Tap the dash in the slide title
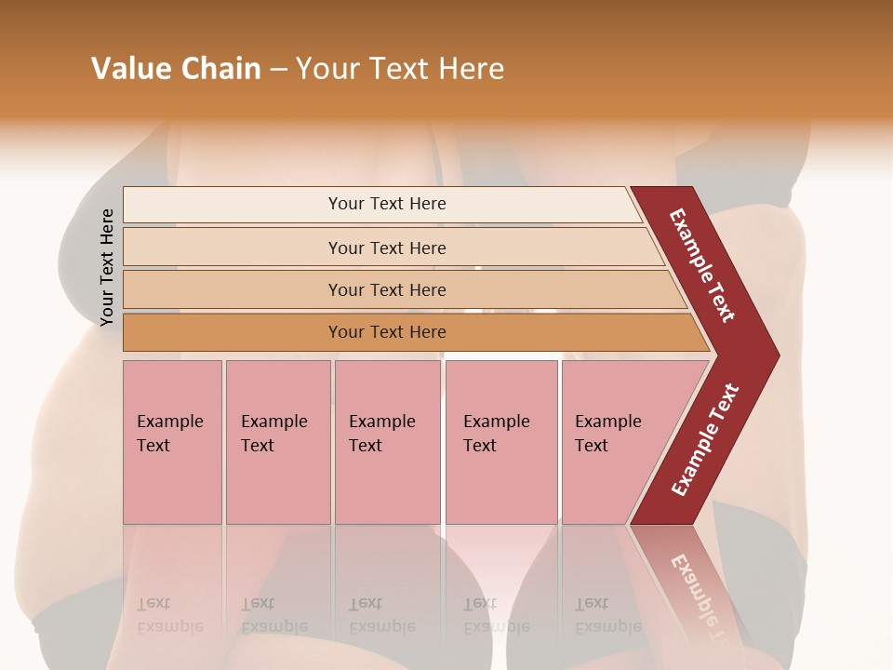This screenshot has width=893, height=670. point(278,70)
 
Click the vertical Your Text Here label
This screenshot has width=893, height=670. point(107,267)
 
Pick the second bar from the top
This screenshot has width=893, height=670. point(386,248)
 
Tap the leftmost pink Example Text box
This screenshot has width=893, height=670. point(172,441)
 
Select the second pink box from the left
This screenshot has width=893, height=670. point(278,441)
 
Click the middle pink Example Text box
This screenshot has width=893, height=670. point(387,441)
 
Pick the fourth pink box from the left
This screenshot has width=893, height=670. point(501,441)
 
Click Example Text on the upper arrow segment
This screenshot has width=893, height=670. point(703,265)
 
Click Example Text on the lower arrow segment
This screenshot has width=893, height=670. point(705,440)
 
